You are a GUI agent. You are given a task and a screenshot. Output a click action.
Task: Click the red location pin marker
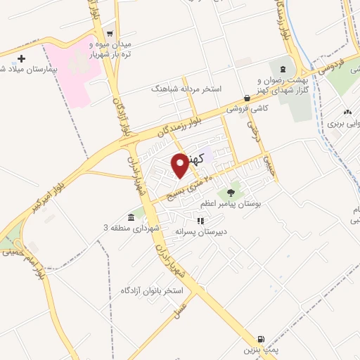[x=180, y=165]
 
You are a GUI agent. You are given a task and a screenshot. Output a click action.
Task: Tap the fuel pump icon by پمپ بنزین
[x=262, y=337]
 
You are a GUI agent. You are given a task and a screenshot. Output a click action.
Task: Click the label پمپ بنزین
[x=261, y=349]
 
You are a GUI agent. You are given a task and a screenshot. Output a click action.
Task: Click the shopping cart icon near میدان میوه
[x=109, y=33]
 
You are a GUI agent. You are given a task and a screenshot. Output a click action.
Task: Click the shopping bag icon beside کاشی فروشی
[x=246, y=98]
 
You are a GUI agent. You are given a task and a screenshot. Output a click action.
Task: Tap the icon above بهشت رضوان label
[x=282, y=69]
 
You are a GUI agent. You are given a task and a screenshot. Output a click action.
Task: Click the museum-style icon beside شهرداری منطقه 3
[x=131, y=217]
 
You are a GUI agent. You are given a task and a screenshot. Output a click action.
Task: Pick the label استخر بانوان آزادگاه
[x=151, y=290]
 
